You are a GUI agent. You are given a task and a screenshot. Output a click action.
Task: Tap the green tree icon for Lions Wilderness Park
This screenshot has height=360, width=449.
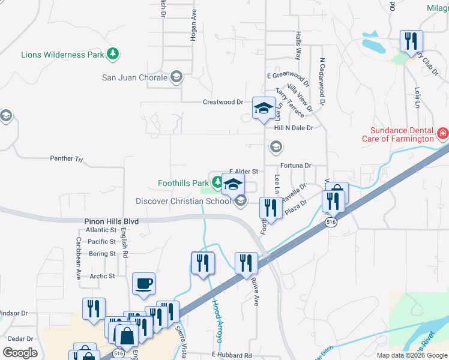[x=112, y=54]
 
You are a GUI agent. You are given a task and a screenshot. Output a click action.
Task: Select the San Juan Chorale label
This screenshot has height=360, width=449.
[x=134, y=77]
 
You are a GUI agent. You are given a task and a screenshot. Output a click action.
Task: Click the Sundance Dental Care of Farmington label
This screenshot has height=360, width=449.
[x=397, y=134]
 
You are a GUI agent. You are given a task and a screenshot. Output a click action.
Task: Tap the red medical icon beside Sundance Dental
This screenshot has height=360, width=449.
[x=443, y=133]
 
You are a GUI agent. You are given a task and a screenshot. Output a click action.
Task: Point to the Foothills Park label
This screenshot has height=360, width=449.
[x=182, y=182]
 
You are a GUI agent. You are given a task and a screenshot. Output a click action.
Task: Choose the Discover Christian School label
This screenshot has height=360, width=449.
[x=183, y=201]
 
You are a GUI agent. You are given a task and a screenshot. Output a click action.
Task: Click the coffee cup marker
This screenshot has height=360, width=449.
[x=143, y=283]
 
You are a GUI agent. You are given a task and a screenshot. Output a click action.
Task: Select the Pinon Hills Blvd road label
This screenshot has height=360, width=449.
[x=111, y=221]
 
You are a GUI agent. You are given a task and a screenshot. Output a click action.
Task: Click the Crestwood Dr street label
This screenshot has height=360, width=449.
[x=223, y=102]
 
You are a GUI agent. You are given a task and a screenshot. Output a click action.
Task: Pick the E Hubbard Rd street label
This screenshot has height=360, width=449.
[x=231, y=356]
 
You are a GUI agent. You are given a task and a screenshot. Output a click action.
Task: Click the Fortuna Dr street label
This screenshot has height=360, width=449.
[x=295, y=165]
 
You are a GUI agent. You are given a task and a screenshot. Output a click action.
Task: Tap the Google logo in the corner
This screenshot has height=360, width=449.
[x=20, y=353]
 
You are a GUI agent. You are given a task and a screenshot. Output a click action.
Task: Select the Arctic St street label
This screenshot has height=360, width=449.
[x=103, y=276]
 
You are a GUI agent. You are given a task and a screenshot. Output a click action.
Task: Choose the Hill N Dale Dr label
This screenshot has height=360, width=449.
[x=294, y=128]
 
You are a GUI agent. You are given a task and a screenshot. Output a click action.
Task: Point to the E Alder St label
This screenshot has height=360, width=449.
[x=244, y=172]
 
